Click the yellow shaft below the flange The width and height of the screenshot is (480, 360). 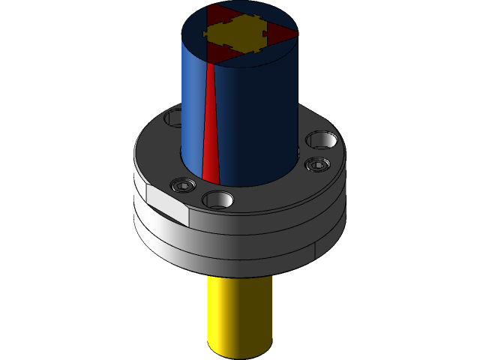click(x=238, y=315)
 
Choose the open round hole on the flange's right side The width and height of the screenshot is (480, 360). click(x=321, y=140)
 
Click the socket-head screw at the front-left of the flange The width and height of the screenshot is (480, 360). click(x=182, y=184)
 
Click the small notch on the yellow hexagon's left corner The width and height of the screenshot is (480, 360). click(x=206, y=34)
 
